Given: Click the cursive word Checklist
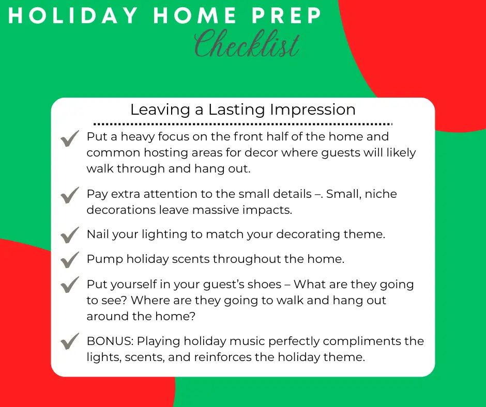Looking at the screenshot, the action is pyautogui.click(x=247, y=44).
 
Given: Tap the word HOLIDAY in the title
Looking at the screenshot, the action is pyautogui.click(x=73, y=15).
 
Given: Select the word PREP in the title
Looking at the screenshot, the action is pyautogui.click(x=287, y=15).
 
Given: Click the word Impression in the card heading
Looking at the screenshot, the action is pyautogui.click(x=313, y=110).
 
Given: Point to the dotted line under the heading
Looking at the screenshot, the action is pyautogui.click(x=243, y=124).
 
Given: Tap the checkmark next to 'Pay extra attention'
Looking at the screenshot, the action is pyautogui.click(x=70, y=195).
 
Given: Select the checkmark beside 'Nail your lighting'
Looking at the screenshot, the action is pyautogui.click(x=70, y=235).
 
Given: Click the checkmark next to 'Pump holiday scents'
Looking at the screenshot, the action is pyautogui.click(x=70, y=260).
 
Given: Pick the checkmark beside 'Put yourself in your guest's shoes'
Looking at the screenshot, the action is pyautogui.click(x=70, y=285).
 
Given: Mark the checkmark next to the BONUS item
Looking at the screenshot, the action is pyautogui.click(x=70, y=341).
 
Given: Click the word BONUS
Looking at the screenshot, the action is pyautogui.click(x=110, y=341).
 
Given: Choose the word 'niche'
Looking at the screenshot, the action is pyautogui.click(x=381, y=194).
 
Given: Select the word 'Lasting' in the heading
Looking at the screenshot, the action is pyautogui.click(x=236, y=110).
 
